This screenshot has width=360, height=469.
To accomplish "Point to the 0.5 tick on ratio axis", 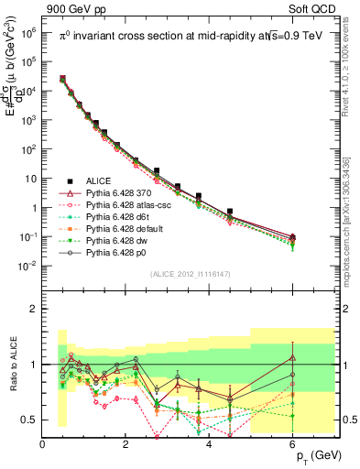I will point(31,420).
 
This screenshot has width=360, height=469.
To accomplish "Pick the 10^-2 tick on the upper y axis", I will point(27,266).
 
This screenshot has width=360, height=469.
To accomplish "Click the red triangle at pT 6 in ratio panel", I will point(292,357).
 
